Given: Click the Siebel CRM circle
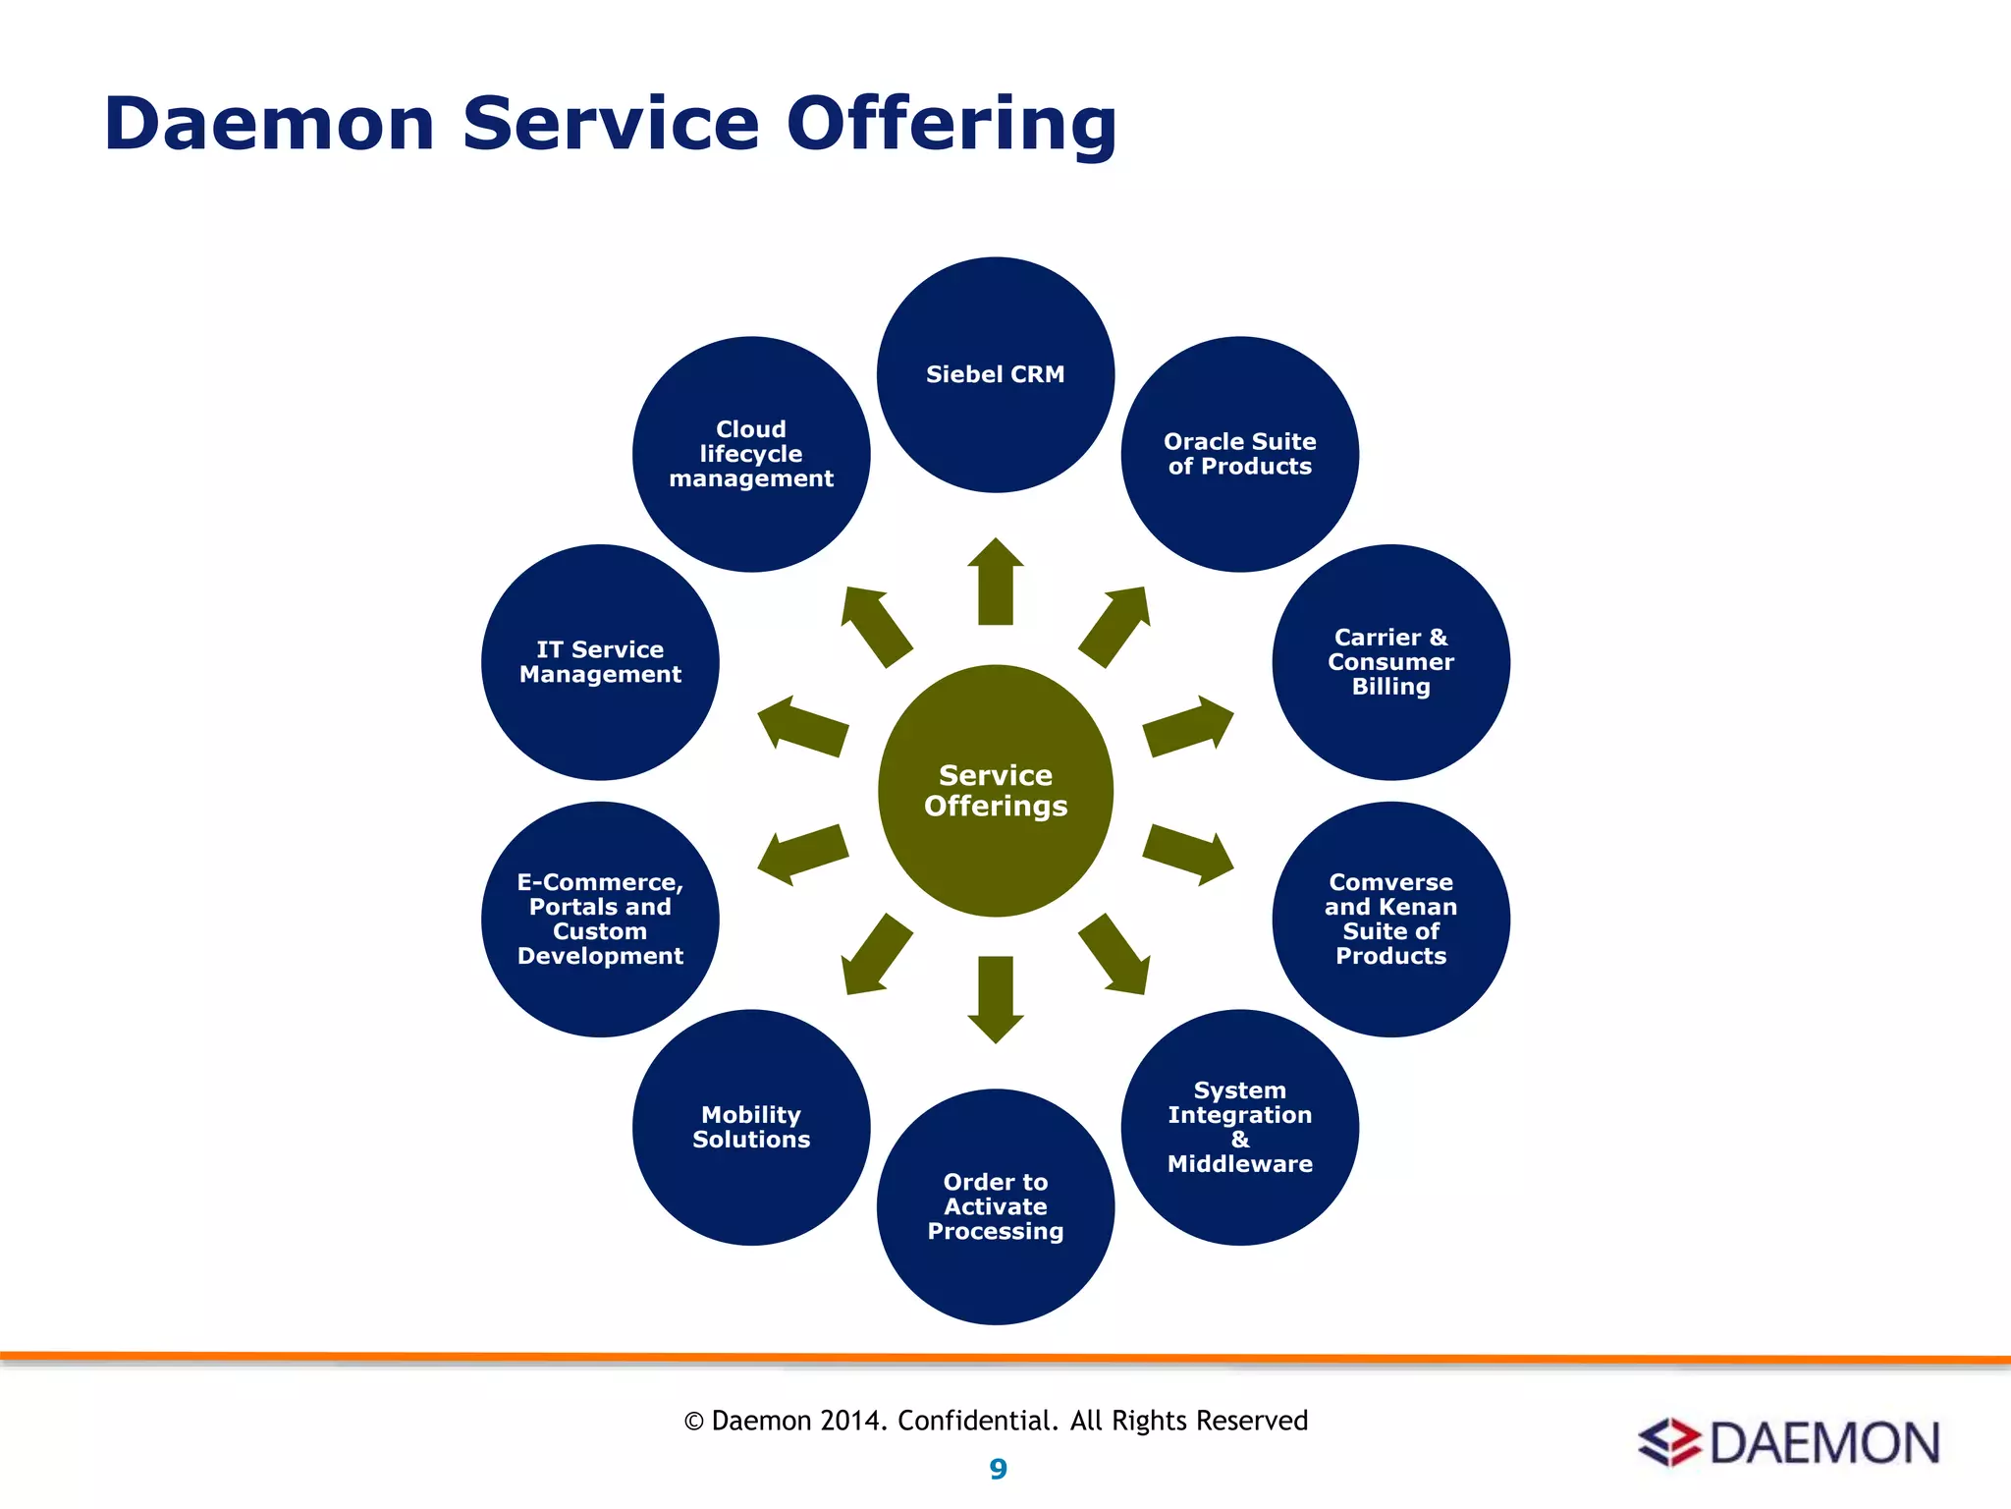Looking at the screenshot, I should pyautogui.click(x=995, y=375).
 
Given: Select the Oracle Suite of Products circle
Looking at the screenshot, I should pyautogui.click(x=1239, y=454).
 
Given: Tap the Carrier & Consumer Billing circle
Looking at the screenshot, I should pyautogui.click(x=1390, y=662).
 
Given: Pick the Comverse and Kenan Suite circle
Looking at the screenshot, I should pyautogui.click(x=1390, y=919).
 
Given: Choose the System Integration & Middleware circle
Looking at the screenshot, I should pyautogui.click(x=1239, y=1127).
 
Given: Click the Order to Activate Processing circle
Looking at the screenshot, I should pyautogui.click(x=995, y=1206).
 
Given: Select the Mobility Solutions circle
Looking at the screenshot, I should pyautogui.click(x=751, y=1127).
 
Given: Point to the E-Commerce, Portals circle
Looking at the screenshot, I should pyautogui.click(x=600, y=919).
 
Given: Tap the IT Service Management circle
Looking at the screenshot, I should pyautogui.click(x=600, y=662).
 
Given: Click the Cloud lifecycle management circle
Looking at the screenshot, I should pyautogui.click(x=751, y=454).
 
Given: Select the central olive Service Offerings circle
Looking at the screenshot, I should pyautogui.click(x=995, y=791).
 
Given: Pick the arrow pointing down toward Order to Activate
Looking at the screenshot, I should pyautogui.click(x=995, y=998).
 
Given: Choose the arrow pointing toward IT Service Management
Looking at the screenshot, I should pyautogui.click(x=802, y=726).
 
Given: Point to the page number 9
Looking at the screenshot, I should pyautogui.click(x=998, y=1469).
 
